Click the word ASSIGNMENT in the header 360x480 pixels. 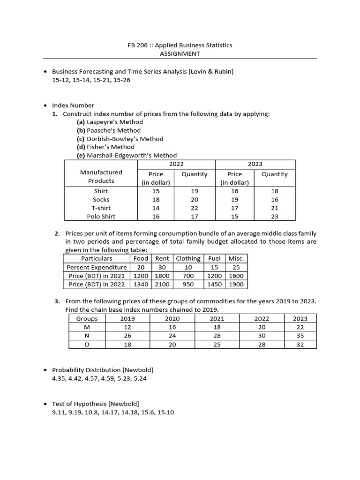click(x=180, y=53)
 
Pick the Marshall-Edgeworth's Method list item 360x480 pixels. click(x=127, y=155)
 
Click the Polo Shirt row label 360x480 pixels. click(x=101, y=217)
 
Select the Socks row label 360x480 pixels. click(x=101, y=200)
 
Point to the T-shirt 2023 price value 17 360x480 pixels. click(x=234, y=208)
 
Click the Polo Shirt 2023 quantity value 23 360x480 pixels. click(x=274, y=217)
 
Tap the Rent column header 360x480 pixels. click(x=162, y=259)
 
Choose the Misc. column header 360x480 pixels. click(x=236, y=259)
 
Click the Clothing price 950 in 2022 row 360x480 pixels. click(x=188, y=284)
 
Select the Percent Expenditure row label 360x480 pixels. click(x=97, y=267)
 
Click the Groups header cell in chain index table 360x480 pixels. click(x=87, y=319)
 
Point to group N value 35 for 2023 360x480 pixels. click(x=300, y=336)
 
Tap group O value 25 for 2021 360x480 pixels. click(x=217, y=345)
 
